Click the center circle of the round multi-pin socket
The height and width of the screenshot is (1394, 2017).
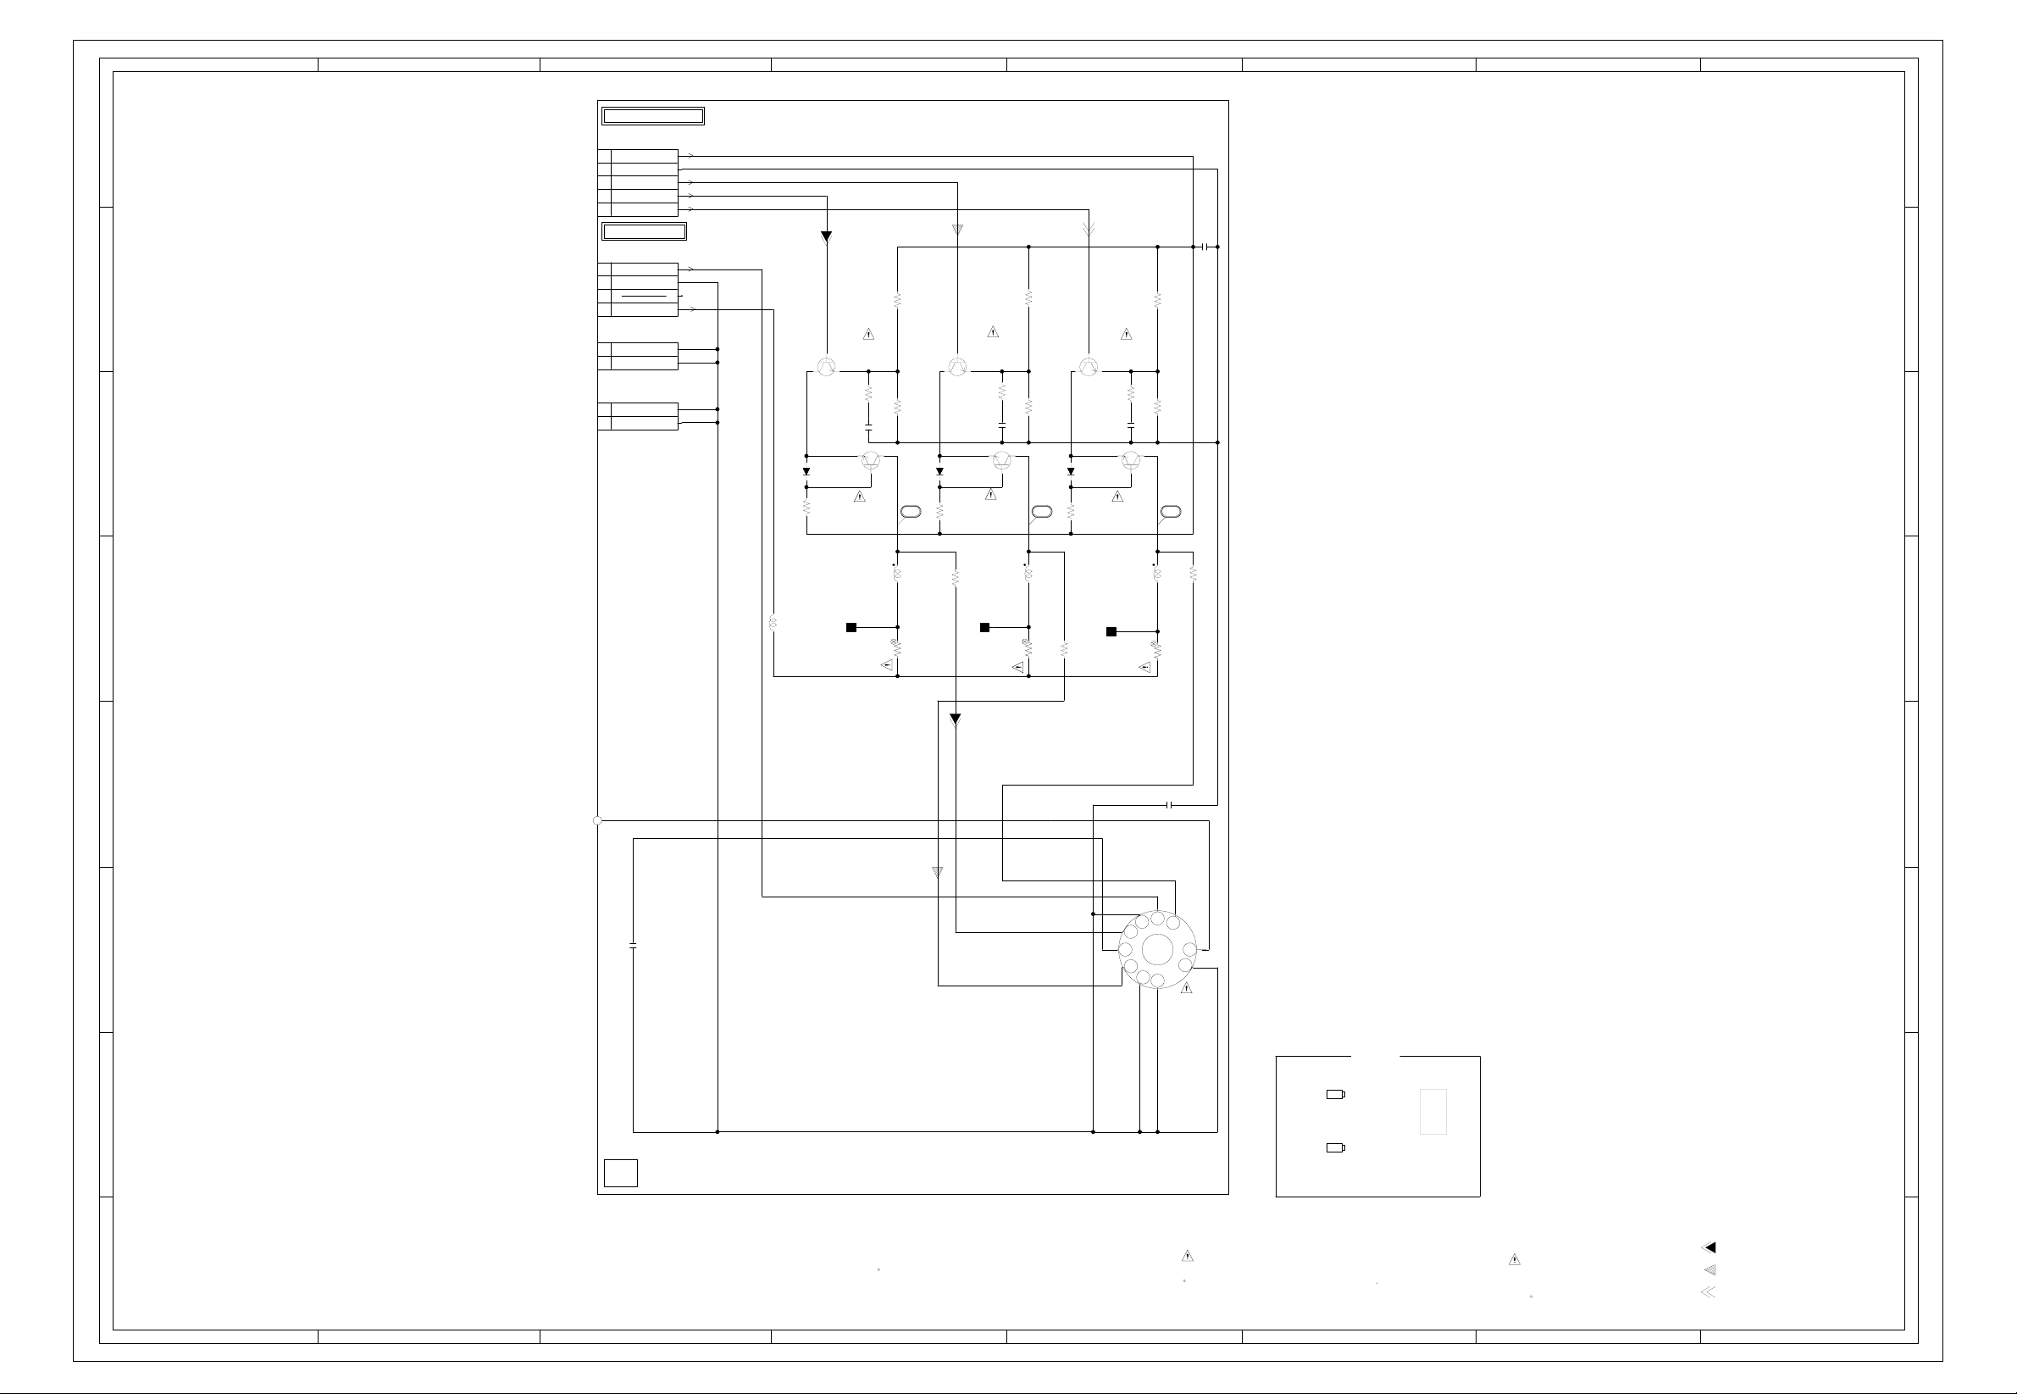tap(1157, 950)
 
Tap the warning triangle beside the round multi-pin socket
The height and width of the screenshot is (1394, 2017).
tap(1187, 989)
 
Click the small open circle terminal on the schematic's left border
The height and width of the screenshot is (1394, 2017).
tap(597, 821)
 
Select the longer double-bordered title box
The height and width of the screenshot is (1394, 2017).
tap(653, 116)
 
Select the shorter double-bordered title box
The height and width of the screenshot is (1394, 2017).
tap(645, 231)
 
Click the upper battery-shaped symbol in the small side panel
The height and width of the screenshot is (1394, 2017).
tap(1336, 1094)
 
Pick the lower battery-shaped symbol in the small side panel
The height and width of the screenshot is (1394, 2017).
tap(1336, 1147)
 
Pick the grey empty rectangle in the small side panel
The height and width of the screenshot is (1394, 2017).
tap(1432, 1112)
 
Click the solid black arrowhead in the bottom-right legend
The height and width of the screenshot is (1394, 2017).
tap(1709, 1248)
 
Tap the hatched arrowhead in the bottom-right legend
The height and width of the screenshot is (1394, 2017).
tap(1709, 1270)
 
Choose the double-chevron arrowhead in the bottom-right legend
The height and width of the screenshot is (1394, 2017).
tap(1709, 1291)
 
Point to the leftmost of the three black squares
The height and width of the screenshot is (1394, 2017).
tap(851, 627)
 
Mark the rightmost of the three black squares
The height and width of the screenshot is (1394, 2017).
tap(1111, 631)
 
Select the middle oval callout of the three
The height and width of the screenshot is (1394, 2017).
tap(1041, 511)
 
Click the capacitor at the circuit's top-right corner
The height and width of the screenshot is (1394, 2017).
tap(1205, 247)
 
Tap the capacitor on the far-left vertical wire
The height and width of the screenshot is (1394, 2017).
tap(633, 946)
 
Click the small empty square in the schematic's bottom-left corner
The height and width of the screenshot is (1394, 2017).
tap(621, 1173)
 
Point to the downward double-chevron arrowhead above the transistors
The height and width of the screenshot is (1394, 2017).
tap(1088, 230)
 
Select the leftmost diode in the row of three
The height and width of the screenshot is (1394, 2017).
tap(806, 472)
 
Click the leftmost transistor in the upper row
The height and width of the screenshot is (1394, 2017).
tap(826, 367)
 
